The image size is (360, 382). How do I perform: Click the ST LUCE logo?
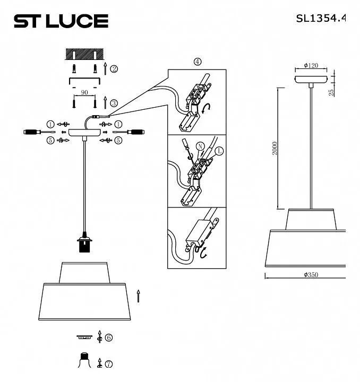(x=61, y=21)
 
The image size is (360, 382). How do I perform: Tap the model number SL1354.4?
(x=321, y=18)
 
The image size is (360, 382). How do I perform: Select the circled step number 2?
(x=114, y=69)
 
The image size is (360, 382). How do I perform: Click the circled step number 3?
(x=114, y=103)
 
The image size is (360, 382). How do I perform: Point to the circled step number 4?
(x=198, y=62)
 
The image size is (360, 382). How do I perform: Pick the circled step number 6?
(x=109, y=337)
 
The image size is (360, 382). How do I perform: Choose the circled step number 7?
(x=109, y=364)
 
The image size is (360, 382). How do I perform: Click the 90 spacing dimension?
(x=84, y=92)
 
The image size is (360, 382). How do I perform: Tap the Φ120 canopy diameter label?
(x=311, y=65)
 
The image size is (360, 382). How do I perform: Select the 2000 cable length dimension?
(x=275, y=148)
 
